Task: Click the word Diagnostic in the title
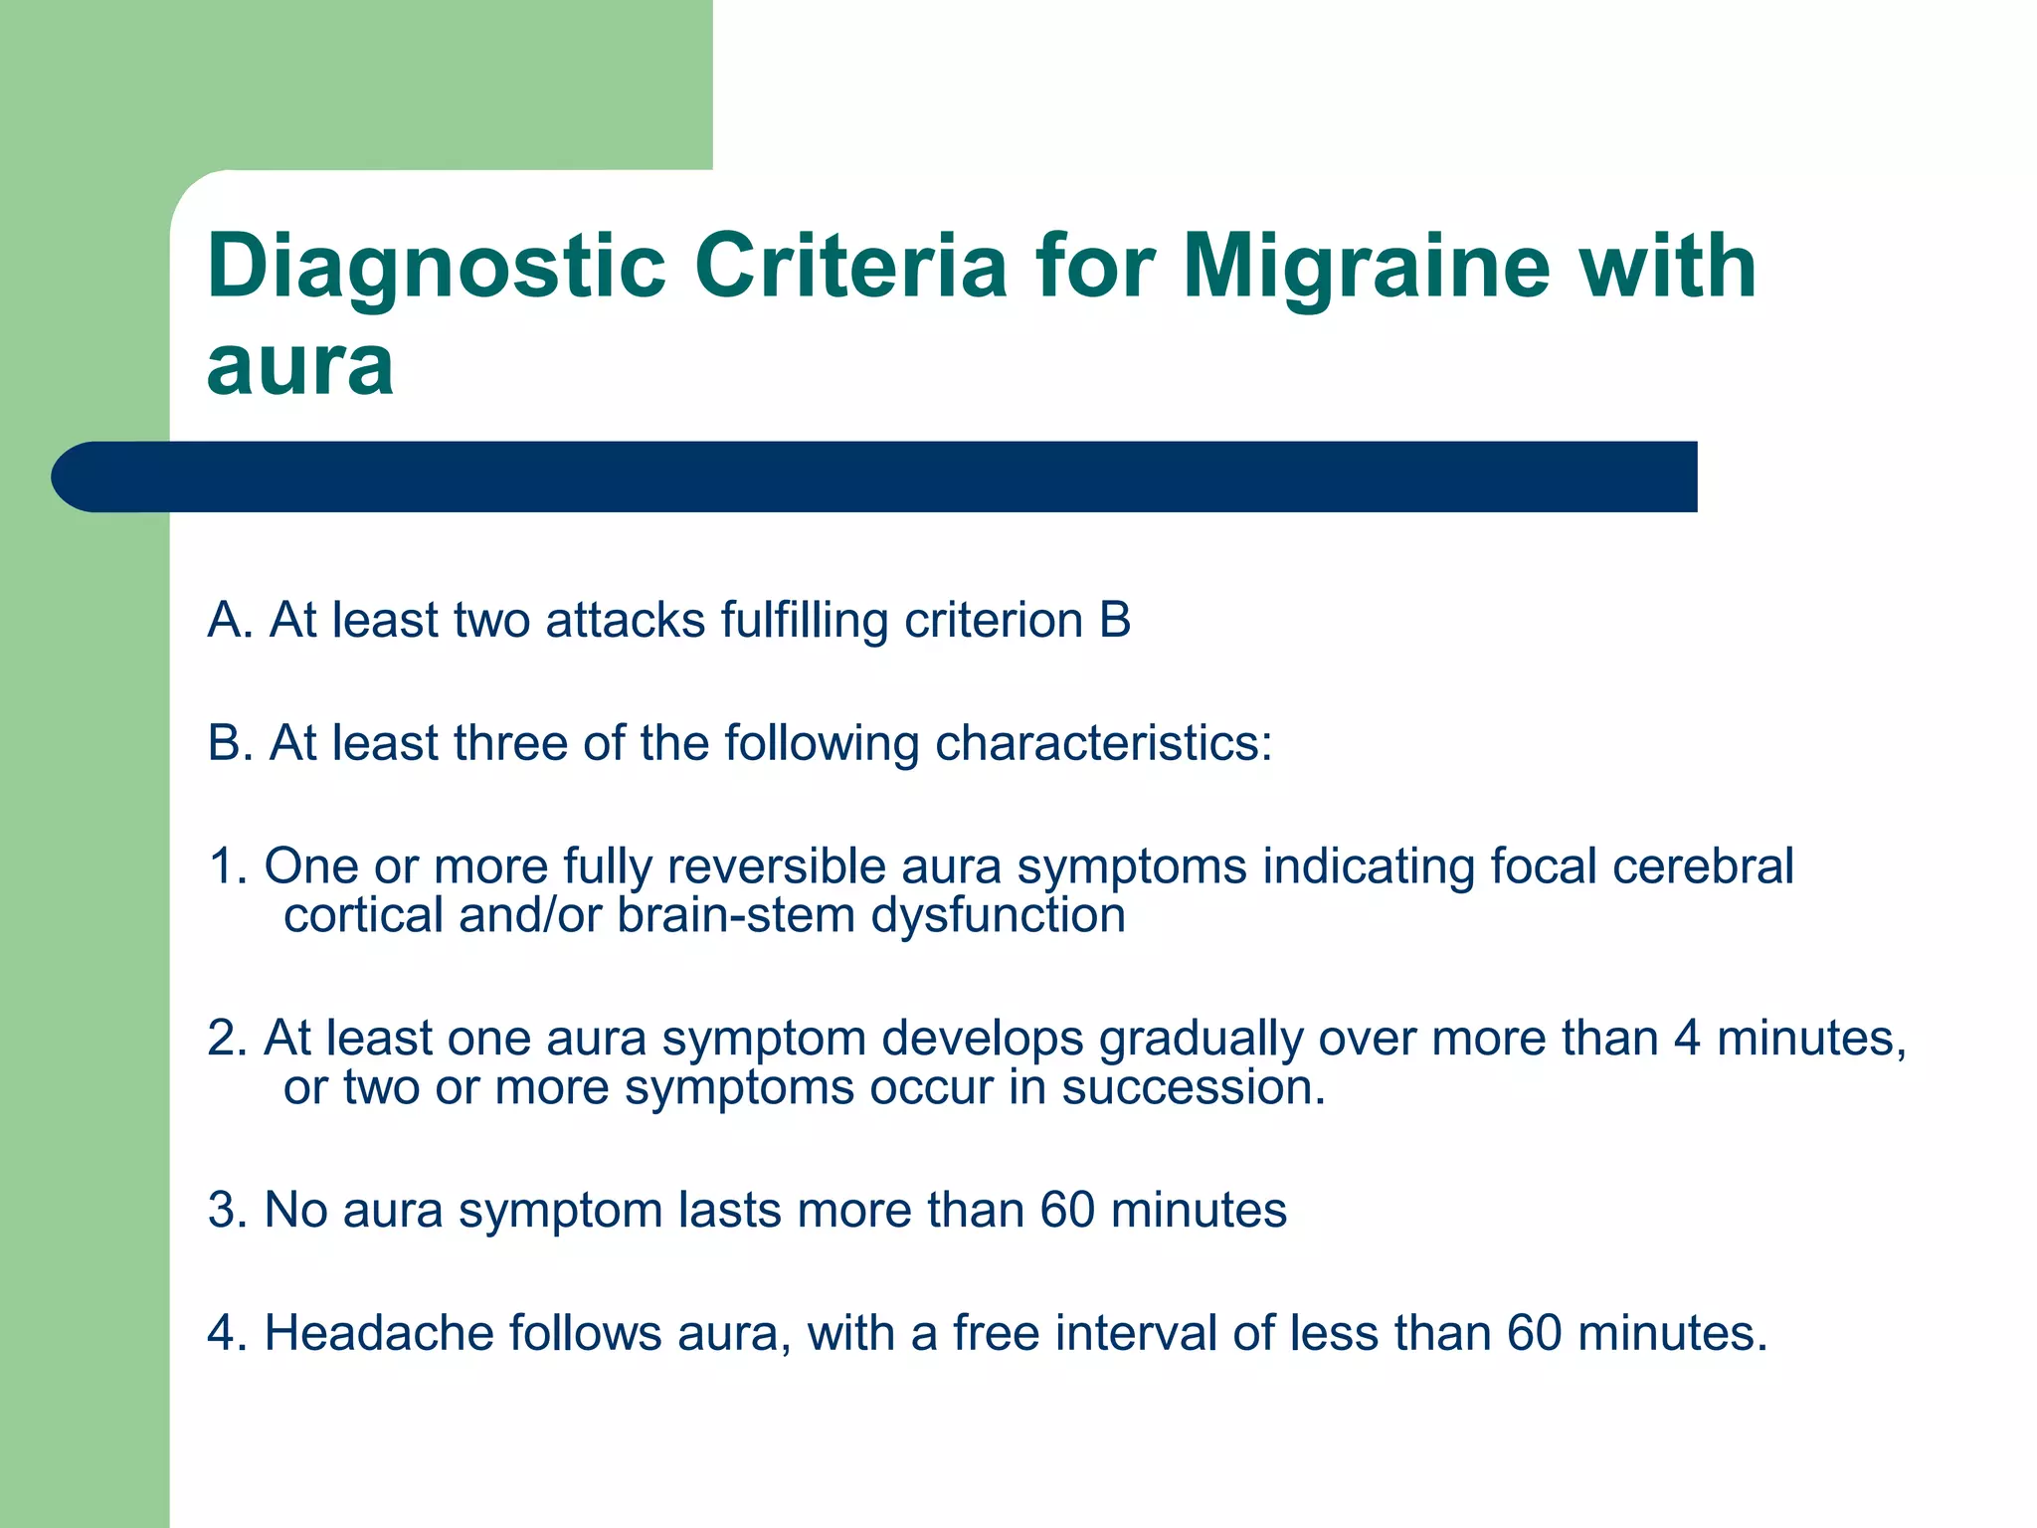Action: coord(436,267)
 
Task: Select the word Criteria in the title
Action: coord(850,267)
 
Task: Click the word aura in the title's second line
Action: coord(300,366)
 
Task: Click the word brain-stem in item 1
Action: coord(736,915)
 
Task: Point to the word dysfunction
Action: coord(999,915)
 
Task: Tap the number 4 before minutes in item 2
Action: coord(1687,1039)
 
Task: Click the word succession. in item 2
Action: coord(1194,1087)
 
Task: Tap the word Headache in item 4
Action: coord(378,1333)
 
